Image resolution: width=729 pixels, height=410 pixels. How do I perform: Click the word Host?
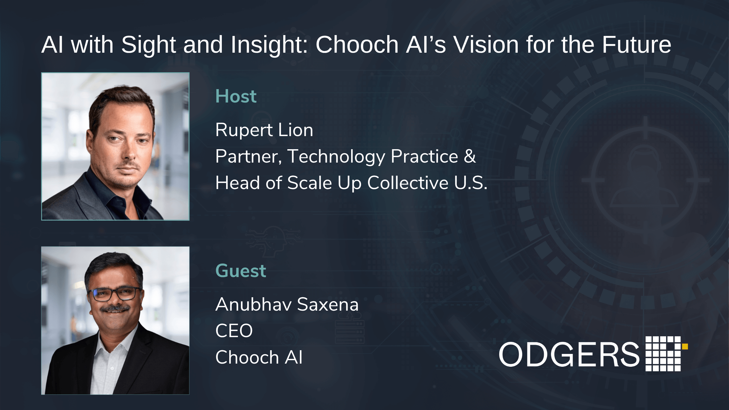[x=236, y=96]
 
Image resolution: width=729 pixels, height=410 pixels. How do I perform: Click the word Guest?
[x=241, y=270]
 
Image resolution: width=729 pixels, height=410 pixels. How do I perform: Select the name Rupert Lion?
[x=264, y=130]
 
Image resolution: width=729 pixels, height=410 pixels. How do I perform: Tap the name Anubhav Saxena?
[x=287, y=304]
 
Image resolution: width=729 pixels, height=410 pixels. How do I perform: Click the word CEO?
[x=234, y=331]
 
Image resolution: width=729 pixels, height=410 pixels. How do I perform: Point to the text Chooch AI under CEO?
[x=259, y=357]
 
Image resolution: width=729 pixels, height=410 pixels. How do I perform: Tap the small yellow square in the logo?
[x=685, y=347]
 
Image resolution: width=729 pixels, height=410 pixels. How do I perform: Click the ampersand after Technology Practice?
[x=470, y=156]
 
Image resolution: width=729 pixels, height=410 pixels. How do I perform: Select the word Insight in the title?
[x=269, y=45]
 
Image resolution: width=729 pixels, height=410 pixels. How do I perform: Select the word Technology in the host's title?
[x=336, y=157]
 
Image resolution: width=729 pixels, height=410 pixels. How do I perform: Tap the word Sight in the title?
[x=149, y=45]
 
